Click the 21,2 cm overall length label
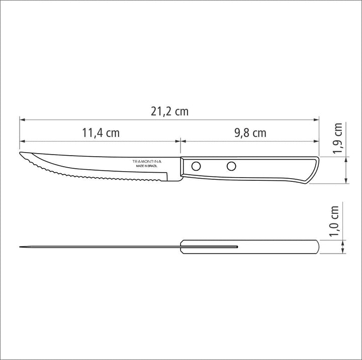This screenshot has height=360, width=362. coord(169,111)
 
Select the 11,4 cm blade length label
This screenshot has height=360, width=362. coord(101,133)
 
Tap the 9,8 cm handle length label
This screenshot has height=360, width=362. coord(250,133)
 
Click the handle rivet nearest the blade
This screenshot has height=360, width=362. coord(197,165)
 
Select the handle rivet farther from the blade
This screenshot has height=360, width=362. coord(231,165)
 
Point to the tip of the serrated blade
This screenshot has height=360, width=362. coord(21,153)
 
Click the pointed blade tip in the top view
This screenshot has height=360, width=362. coord(20,247)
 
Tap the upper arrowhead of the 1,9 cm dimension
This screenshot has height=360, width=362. coord(347,160)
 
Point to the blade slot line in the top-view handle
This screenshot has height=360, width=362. coord(211,247)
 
